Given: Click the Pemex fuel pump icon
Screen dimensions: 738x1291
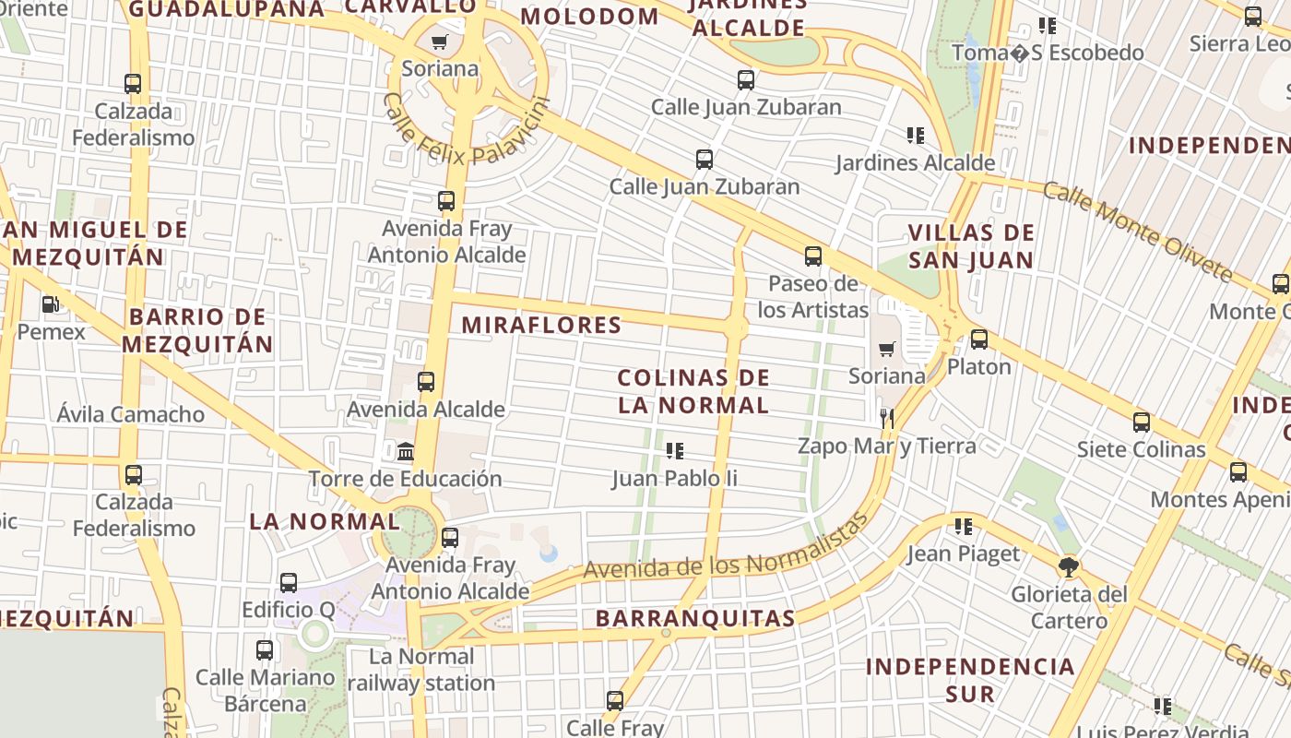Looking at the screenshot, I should pyautogui.click(x=51, y=304).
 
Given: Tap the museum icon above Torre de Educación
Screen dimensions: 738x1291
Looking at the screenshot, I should pyautogui.click(x=405, y=451).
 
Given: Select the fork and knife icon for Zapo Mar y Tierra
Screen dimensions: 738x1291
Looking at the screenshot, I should pyautogui.click(x=886, y=418).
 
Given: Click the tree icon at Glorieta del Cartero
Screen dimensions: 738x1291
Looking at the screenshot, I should pyautogui.click(x=1069, y=565).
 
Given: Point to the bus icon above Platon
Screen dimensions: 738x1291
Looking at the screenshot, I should pyautogui.click(x=979, y=339).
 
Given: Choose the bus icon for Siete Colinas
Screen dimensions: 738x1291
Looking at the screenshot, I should pyautogui.click(x=1142, y=423).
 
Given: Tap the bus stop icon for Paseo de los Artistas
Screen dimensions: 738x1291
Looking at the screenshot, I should pyautogui.click(x=812, y=256).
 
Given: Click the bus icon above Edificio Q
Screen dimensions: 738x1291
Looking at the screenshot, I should pyautogui.click(x=289, y=582).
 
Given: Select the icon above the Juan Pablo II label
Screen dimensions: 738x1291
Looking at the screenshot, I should pyautogui.click(x=675, y=451).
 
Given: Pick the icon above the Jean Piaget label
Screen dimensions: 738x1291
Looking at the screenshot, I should pyautogui.click(x=964, y=527).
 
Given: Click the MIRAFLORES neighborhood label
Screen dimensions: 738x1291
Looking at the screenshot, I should pyautogui.click(x=541, y=325).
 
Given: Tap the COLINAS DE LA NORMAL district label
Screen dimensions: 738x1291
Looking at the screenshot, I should pyautogui.click(x=693, y=391).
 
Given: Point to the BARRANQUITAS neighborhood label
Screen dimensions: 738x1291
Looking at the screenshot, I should pyautogui.click(x=695, y=618).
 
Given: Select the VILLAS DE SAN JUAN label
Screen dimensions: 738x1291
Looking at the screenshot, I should pyautogui.click(x=971, y=245).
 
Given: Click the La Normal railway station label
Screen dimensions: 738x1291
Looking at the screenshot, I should pyautogui.click(x=421, y=670).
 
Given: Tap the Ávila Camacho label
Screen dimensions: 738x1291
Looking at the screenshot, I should pyautogui.click(x=131, y=414).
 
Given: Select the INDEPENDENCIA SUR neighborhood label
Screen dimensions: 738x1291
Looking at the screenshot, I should pyautogui.click(x=970, y=680).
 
